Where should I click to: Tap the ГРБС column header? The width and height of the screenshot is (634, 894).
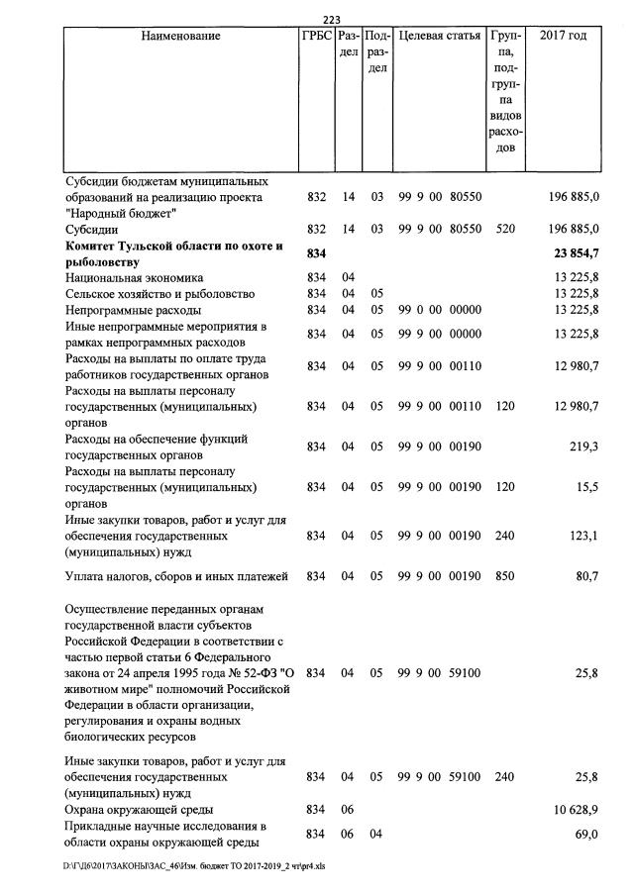coord(315,36)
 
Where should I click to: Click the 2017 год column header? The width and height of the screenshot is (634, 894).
coord(563,36)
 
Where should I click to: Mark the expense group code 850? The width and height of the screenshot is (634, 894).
coord(504,575)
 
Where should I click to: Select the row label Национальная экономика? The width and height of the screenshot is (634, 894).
coord(134,278)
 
